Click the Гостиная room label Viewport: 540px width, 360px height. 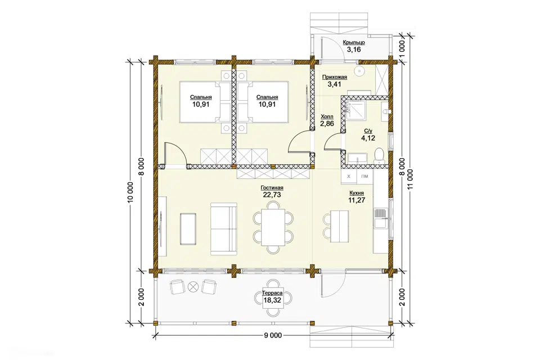click(x=272, y=188)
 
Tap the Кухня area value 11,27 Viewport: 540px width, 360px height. click(x=357, y=200)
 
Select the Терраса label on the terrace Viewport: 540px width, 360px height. click(x=272, y=293)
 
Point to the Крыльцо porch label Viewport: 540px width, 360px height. click(x=354, y=43)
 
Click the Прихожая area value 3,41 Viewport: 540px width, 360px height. click(x=334, y=84)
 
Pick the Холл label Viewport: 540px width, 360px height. click(x=327, y=117)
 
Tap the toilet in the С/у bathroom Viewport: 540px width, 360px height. click(x=379, y=155)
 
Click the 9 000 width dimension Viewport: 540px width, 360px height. click(x=273, y=335)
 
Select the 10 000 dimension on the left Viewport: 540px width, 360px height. click(x=130, y=193)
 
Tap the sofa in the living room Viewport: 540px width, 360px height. click(x=224, y=229)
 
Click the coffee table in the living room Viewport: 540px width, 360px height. click(x=188, y=229)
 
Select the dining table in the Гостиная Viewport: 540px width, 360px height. click(x=273, y=228)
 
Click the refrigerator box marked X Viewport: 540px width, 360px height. click(x=349, y=177)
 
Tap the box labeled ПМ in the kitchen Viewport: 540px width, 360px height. click(x=364, y=177)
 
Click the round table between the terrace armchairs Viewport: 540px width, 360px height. click(x=193, y=286)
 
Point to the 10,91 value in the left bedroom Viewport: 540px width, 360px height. click(x=201, y=105)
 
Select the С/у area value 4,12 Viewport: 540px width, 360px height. click(x=368, y=138)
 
